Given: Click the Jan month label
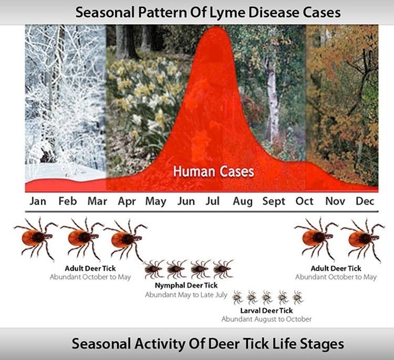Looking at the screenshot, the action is pos(38,201).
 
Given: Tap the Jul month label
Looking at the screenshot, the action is pos(213,201).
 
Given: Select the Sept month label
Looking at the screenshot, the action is pos(274,202).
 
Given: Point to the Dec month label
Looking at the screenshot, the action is pos(365,201).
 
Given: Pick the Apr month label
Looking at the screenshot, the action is pos(127,202).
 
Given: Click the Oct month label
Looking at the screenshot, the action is pos(304,201).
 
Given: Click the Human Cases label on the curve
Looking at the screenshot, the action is pos(214,172).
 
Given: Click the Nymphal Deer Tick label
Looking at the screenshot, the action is pos(186,285).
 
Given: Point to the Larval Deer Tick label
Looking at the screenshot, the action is pos(266,311).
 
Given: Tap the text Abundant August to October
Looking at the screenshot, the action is pos(266,319).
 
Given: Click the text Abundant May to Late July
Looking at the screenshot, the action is pos(186,294).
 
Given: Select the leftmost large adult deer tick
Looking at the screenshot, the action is pos(35,238).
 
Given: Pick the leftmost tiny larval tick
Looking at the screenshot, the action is pos(237,297).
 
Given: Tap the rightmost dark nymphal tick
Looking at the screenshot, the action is pos(223,269).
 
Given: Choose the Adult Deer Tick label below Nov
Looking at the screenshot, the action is pos(336,268).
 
